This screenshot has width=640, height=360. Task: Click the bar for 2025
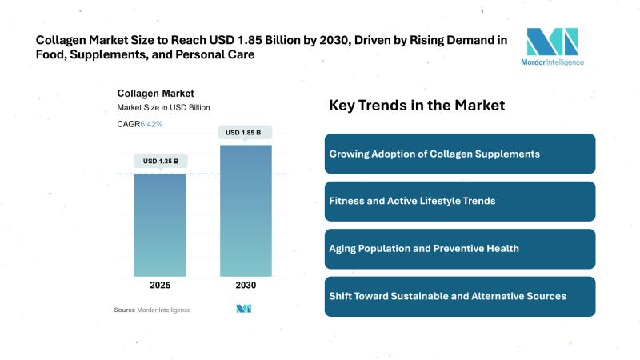(160, 224)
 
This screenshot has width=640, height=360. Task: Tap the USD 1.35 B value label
(160, 161)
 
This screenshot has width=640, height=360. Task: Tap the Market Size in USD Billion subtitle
(163, 108)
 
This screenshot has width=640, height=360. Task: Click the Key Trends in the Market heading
(417, 106)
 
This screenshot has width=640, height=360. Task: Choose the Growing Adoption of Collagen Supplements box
(460, 154)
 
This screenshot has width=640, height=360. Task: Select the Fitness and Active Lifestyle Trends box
(460, 201)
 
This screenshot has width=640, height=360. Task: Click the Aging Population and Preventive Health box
(460, 249)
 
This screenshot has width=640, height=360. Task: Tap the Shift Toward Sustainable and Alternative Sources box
(460, 296)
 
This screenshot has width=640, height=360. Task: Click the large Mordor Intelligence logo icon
(551, 42)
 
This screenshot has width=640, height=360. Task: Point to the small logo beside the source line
(244, 309)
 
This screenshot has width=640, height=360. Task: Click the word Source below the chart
(124, 310)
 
